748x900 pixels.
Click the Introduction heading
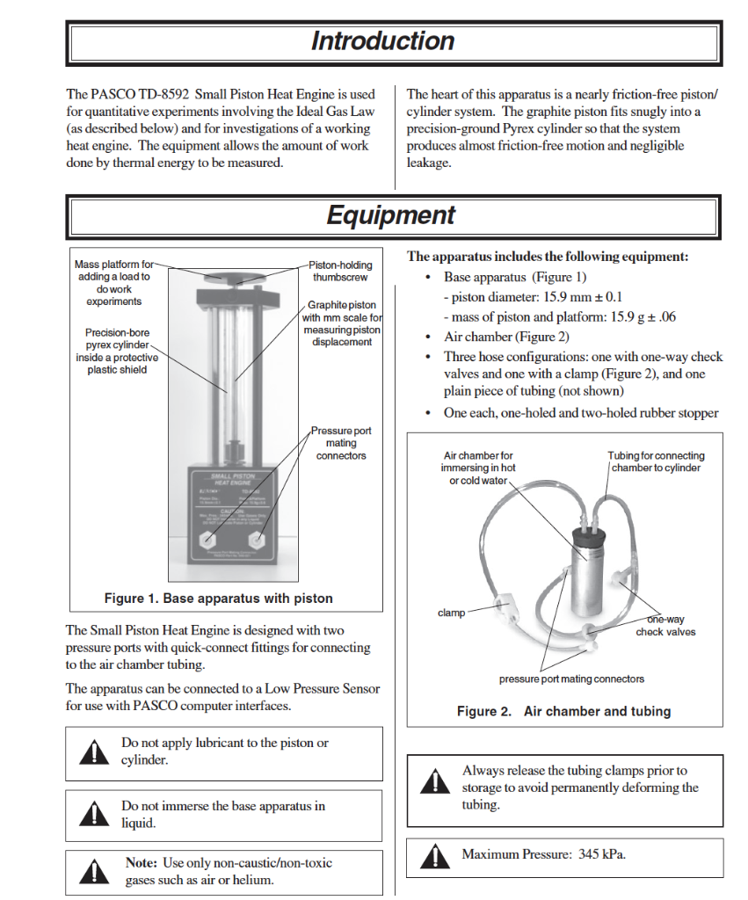382,41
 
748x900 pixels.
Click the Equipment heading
390,215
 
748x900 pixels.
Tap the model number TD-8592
163,94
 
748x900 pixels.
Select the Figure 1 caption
218,599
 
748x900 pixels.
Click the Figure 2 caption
563,711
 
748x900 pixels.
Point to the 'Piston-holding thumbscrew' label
340,271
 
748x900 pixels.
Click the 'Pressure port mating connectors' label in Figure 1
341,443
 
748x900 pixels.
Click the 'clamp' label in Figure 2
451,613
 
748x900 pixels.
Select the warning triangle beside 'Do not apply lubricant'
91,752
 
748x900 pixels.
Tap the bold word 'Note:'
142,863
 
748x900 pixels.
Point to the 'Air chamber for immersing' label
479,468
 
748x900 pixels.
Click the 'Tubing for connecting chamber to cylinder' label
656,461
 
